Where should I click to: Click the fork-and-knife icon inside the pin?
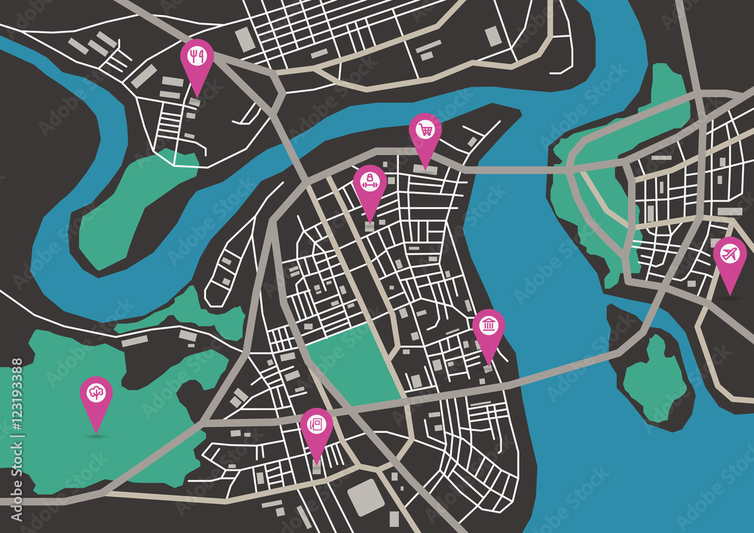pos(197,55)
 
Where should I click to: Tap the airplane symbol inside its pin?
pos(729,254)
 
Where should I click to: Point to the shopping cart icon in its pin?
pos(425,130)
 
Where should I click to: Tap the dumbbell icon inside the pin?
pos(369,181)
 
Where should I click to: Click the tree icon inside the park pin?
pos(97,393)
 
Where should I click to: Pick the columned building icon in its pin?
pos(489,325)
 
